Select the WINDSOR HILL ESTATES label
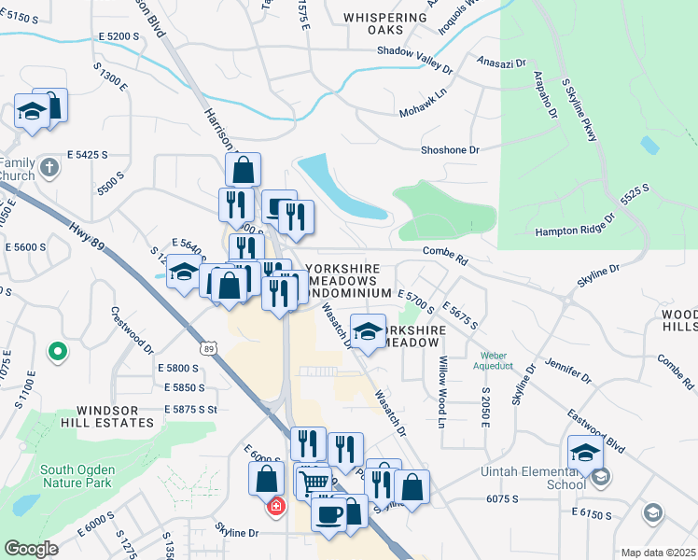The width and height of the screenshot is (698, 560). (115, 416)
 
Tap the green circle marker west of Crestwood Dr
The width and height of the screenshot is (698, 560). (58, 352)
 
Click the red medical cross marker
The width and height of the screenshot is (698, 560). (276, 506)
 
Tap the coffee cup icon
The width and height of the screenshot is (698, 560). (328, 514)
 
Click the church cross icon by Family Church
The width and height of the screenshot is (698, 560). (50, 169)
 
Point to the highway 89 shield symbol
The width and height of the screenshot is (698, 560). (210, 348)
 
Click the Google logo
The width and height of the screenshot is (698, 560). (31, 549)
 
